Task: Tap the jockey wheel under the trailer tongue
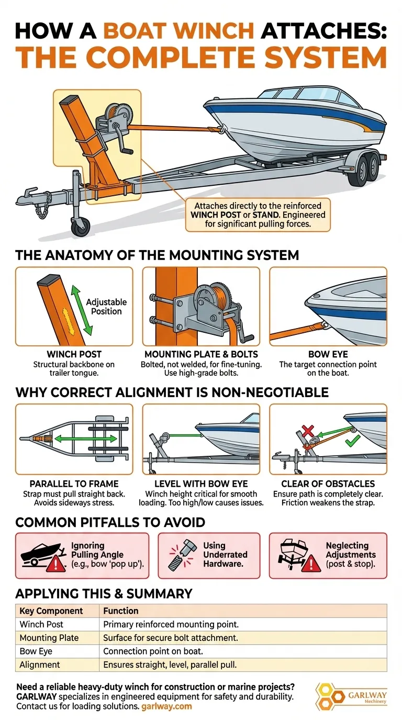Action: pyautogui.click(x=80, y=227)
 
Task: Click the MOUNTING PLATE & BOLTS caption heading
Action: pyautogui.click(x=200, y=355)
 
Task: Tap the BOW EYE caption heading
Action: pyautogui.click(x=328, y=355)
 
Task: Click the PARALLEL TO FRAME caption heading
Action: pyautogui.click(x=74, y=484)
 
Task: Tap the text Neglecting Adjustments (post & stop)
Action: pyautogui.click(x=350, y=555)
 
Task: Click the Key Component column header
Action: pyautogui.click(x=51, y=611)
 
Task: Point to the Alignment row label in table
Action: pyautogui.click(x=40, y=665)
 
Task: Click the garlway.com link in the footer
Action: pyautogui.click(x=166, y=706)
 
